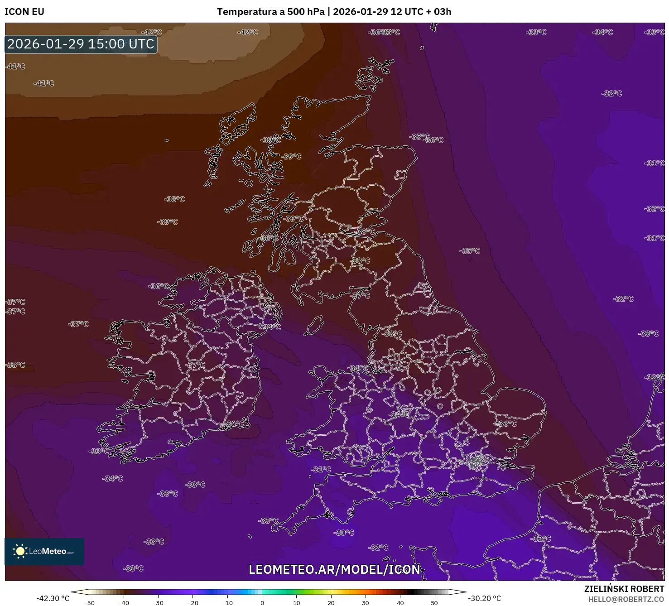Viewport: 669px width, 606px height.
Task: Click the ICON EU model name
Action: point(24,12)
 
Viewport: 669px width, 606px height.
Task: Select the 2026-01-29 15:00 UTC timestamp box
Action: point(81,44)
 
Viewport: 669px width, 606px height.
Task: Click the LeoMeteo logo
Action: point(44,551)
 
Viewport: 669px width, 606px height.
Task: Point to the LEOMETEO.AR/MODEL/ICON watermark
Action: point(335,569)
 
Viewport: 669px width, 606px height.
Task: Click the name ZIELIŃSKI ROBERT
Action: point(624,589)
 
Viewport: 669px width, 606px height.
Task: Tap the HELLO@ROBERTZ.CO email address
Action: point(626,599)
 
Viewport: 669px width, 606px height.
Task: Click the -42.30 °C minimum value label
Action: point(53,598)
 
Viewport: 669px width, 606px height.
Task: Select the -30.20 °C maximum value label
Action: point(484,598)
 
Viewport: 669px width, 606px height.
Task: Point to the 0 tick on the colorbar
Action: point(262,603)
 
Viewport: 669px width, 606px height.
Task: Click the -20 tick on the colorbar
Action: point(193,603)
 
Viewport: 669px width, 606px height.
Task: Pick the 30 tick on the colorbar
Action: point(365,603)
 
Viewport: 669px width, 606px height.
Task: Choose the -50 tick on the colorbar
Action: point(89,603)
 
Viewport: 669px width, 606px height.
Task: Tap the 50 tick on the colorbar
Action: point(434,603)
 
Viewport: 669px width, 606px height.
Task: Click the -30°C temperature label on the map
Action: point(344,533)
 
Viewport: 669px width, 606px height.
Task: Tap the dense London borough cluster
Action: point(476,462)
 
